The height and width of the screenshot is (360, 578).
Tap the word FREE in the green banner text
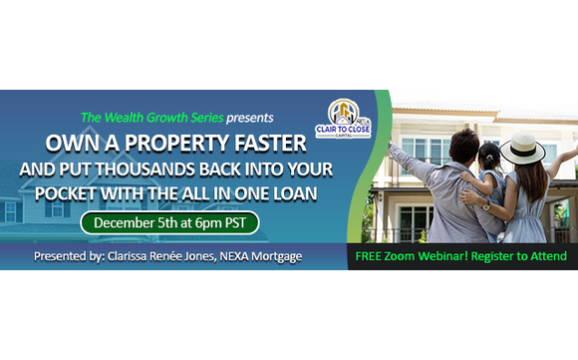tap(372, 256)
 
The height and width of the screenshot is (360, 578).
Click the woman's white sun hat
tap(522, 147)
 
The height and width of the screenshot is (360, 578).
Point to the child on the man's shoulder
tap(489, 165)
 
